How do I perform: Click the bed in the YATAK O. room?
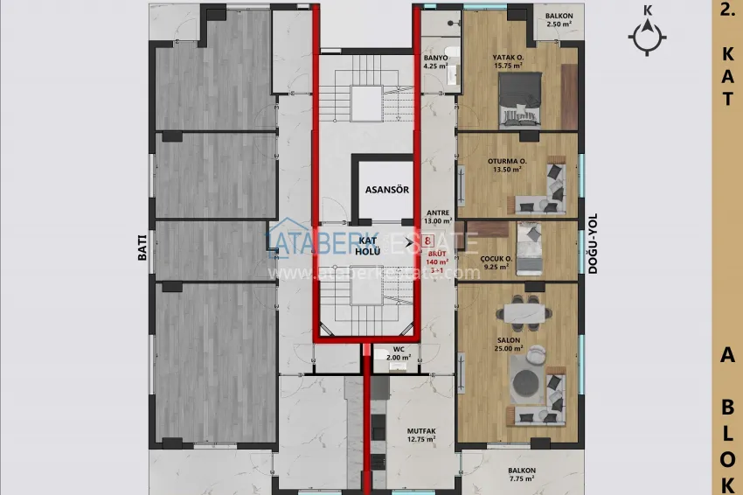point(518,98)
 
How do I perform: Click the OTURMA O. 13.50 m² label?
point(507,166)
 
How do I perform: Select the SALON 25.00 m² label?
point(509,345)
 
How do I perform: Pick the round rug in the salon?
point(527,381)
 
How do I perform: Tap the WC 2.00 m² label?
point(399,353)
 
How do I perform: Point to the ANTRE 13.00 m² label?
point(437,217)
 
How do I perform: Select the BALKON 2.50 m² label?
point(559,20)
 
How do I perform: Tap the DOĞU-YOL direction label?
point(592,247)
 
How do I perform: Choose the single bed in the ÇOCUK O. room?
point(529,248)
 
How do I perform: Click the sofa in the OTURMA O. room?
point(553,185)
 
